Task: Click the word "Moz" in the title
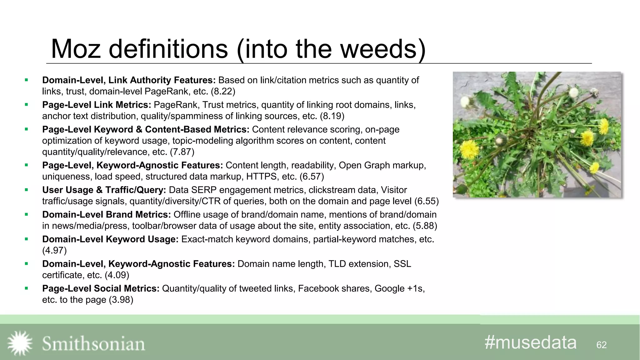pyautogui.click(x=76, y=49)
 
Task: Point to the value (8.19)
pyautogui.click(x=332, y=116)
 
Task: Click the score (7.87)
pyautogui.click(x=182, y=152)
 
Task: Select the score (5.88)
pyautogui.click(x=425, y=226)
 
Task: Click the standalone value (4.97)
pyautogui.click(x=54, y=251)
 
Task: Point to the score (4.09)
pyautogui.click(x=117, y=275)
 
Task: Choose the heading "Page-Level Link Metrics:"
pyautogui.click(x=97, y=105)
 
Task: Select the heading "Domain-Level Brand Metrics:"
pyautogui.click(x=107, y=215)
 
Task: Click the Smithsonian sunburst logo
pyautogui.click(x=20, y=343)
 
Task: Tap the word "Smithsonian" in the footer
pyautogui.click(x=93, y=344)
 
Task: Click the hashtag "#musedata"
pyautogui.click(x=530, y=342)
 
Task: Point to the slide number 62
pyautogui.click(x=601, y=345)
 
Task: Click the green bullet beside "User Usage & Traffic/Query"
pyautogui.click(x=26, y=190)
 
